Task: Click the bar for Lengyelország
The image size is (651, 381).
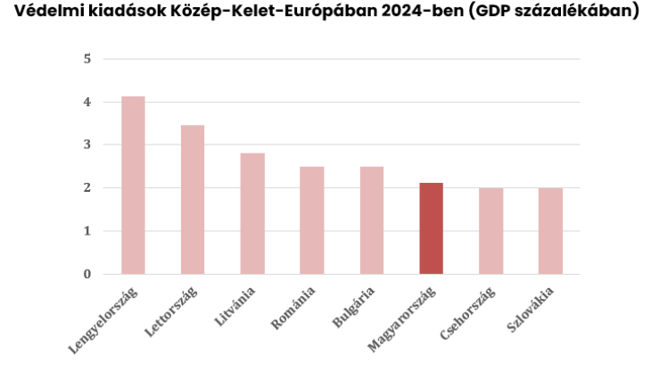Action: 133,185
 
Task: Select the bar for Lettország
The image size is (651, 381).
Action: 193,199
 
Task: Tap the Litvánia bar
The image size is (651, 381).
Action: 252,213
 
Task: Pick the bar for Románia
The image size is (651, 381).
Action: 312,220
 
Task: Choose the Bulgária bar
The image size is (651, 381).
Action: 372,220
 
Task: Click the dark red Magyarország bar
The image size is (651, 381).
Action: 432,228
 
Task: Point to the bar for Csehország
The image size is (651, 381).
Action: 490,231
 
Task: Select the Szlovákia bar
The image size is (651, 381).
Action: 550,231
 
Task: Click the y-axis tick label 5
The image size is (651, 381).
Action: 87,60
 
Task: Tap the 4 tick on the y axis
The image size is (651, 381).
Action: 87,103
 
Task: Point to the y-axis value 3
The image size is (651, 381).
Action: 87,145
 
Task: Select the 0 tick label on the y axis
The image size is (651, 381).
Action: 87,274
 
